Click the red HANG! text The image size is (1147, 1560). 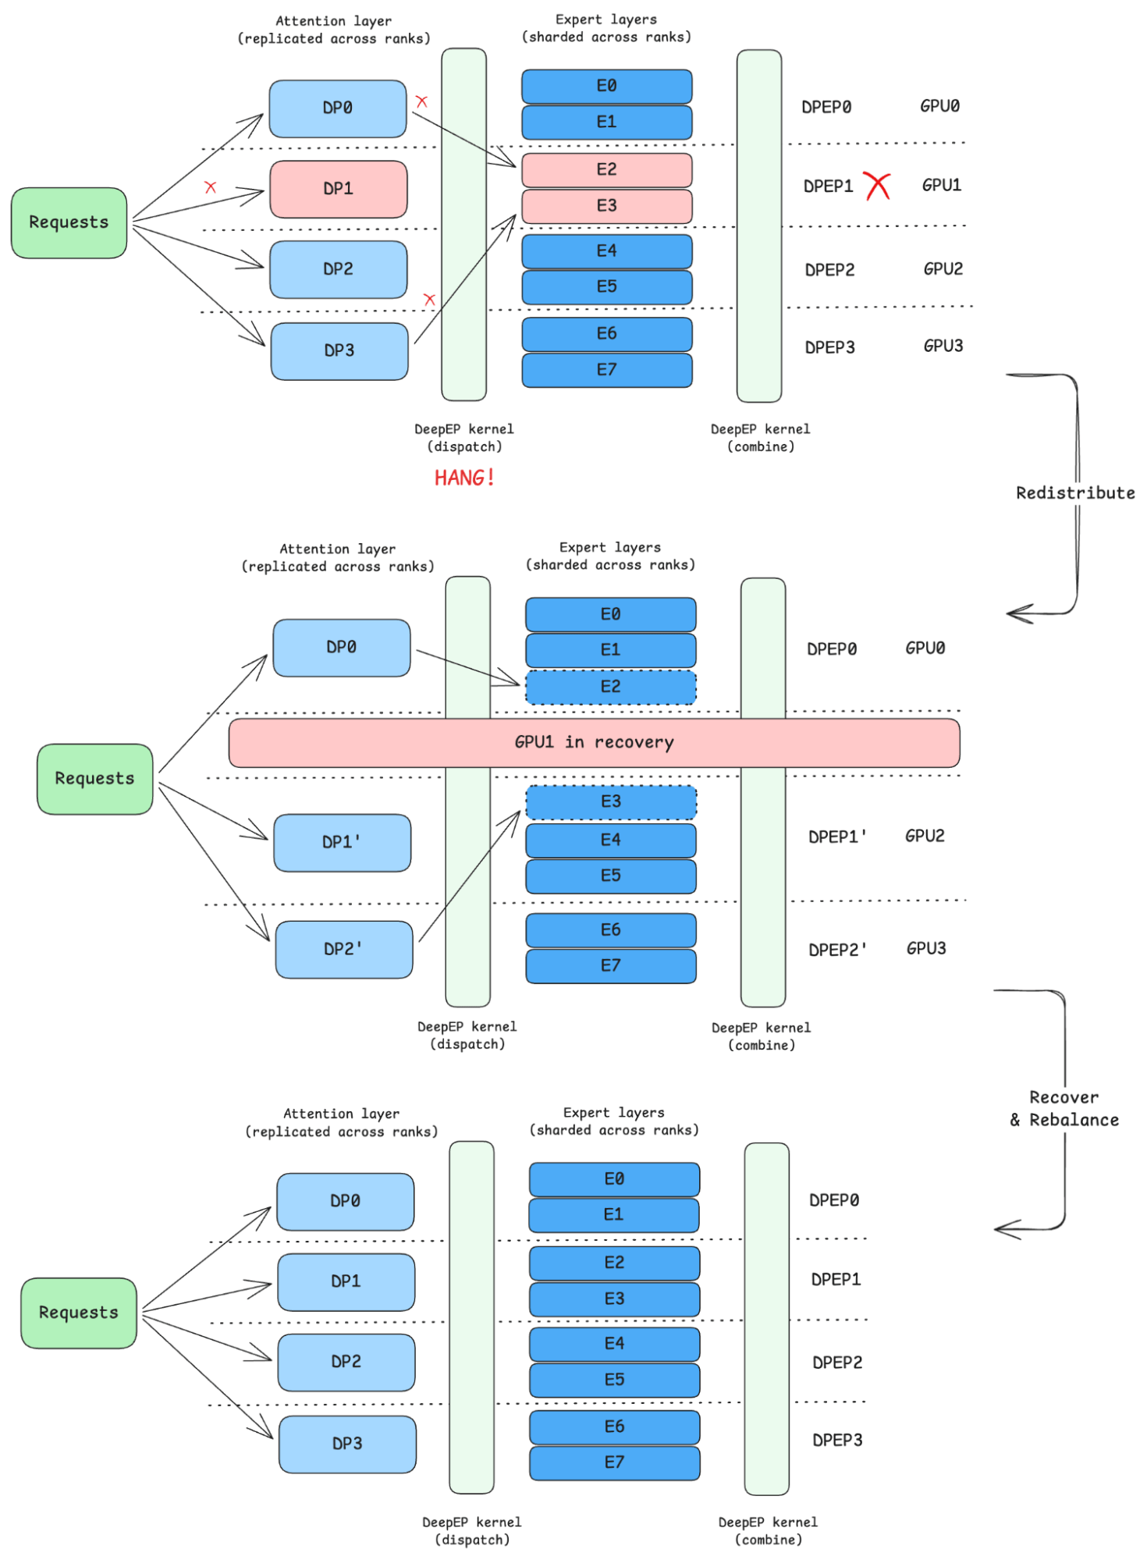point(464,477)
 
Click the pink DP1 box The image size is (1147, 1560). point(338,189)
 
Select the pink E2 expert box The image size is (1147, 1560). point(606,169)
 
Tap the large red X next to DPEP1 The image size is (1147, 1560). point(878,186)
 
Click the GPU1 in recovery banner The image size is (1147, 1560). point(594,742)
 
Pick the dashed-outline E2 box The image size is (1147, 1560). point(610,687)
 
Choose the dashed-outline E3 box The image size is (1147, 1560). point(610,801)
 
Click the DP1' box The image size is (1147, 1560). point(342,842)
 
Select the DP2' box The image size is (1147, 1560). point(343,949)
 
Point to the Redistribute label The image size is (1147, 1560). point(1074,492)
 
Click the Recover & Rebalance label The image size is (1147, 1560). point(1064,1108)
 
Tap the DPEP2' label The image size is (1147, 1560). point(837,950)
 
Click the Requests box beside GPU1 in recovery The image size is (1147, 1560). point(94,778)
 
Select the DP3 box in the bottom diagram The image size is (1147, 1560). point(347,1444)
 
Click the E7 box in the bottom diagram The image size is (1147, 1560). point(614,1462)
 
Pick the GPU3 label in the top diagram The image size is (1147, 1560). point(943,346)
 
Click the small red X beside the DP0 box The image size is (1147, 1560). point(421,101)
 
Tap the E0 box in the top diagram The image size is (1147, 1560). point(606,86)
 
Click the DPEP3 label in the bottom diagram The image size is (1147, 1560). point(837,1440)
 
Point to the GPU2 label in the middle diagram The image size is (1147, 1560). point(925,836)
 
